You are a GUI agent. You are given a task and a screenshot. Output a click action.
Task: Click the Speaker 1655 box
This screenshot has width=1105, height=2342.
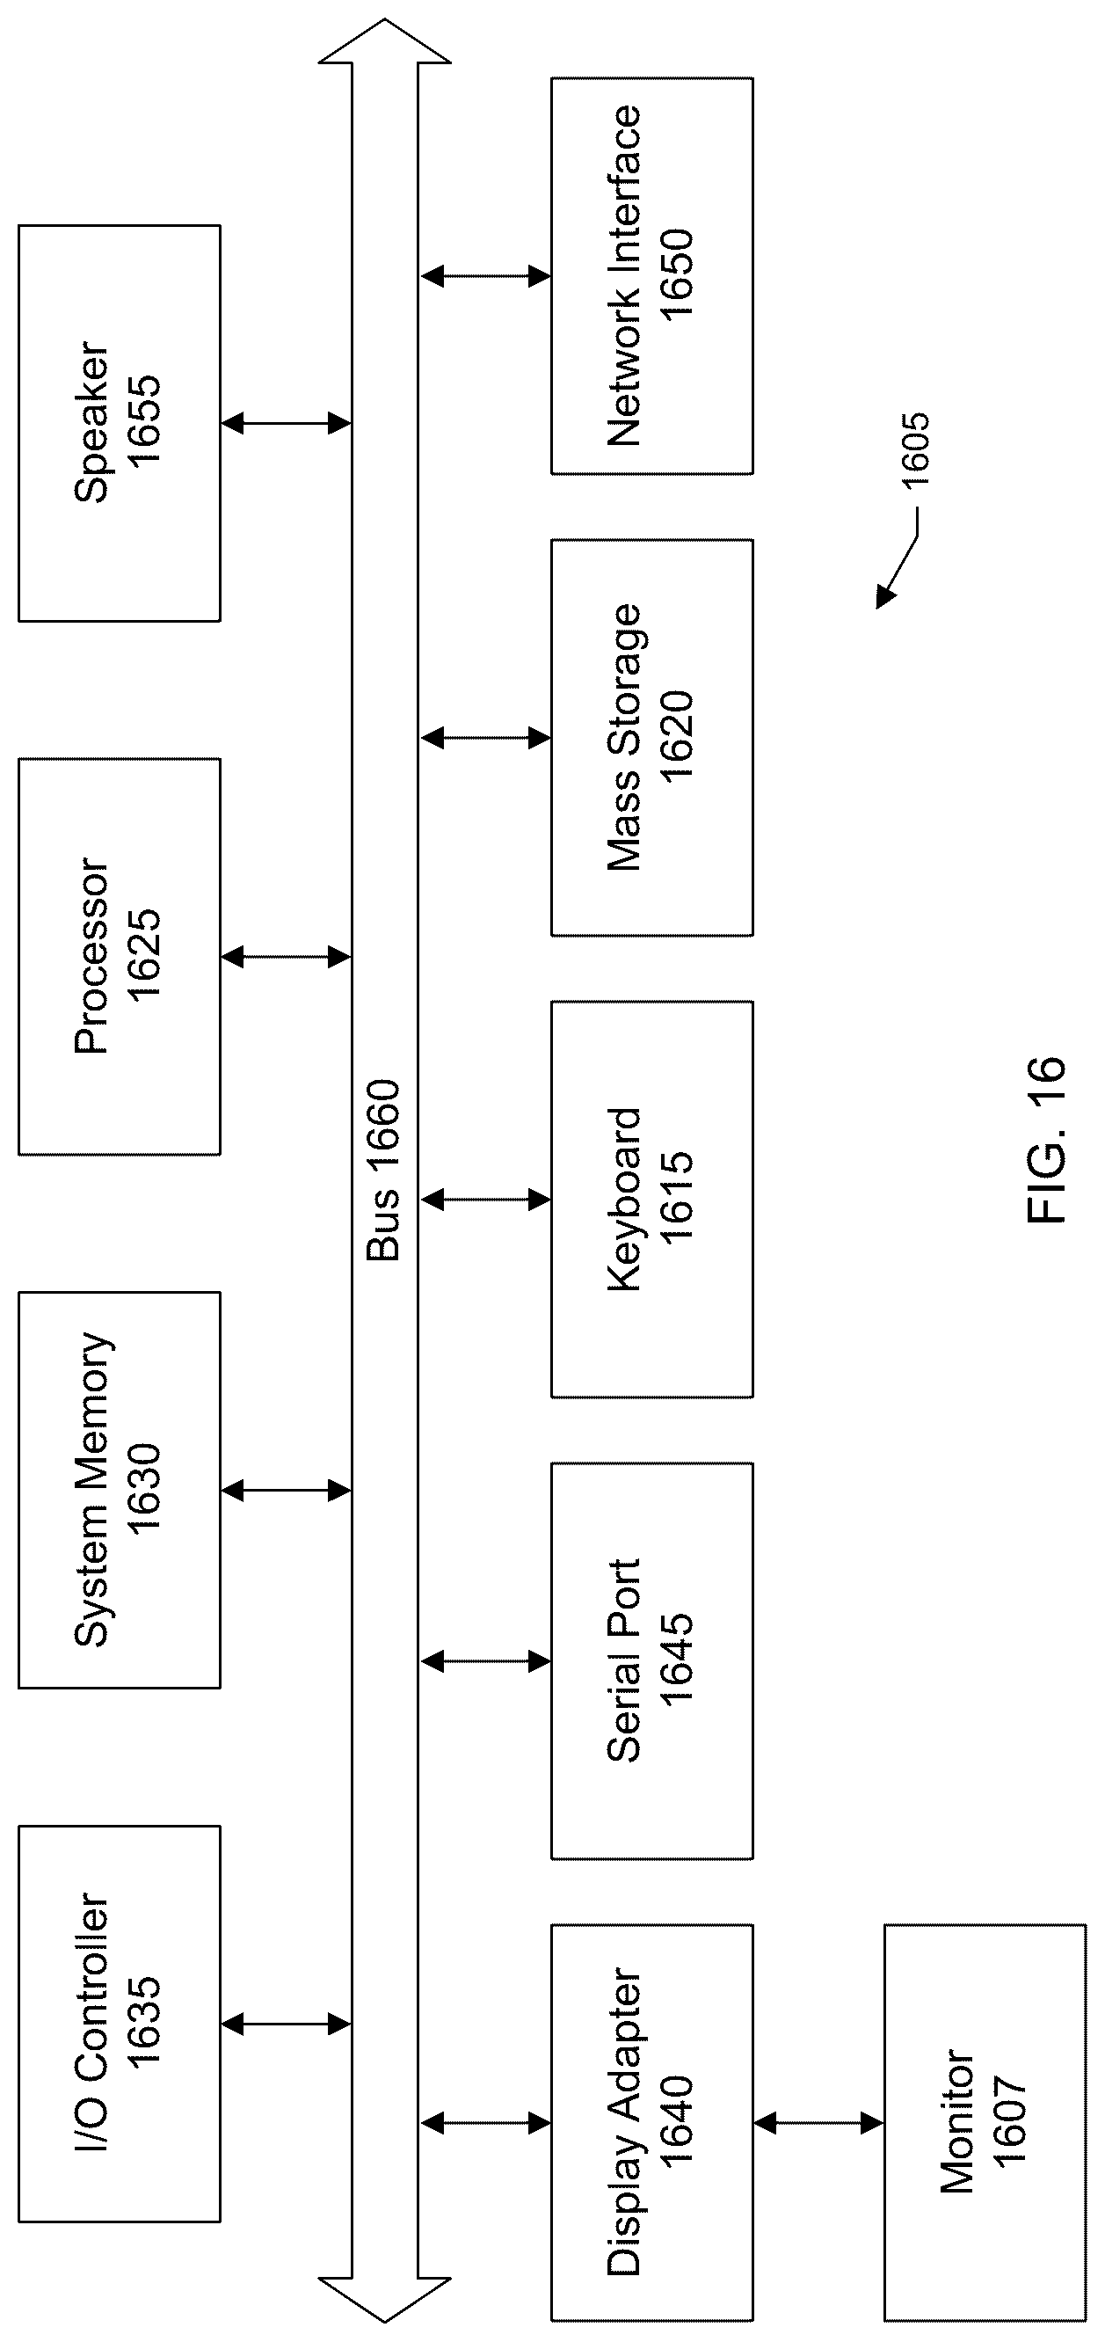point(119,423)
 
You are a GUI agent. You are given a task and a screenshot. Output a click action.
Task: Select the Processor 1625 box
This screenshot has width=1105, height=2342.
point(119,957)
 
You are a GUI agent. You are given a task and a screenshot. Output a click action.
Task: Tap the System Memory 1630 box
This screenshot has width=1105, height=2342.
point(119,1490)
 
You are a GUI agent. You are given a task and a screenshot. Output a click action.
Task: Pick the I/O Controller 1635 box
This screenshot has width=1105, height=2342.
point(119,2024)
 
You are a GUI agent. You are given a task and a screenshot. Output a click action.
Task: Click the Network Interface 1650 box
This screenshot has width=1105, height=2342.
point(651,275)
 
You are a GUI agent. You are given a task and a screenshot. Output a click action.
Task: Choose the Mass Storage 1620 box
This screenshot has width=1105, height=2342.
point(651,737)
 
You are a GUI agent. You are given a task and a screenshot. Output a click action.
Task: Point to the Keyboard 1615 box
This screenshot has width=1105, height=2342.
point(651,1200)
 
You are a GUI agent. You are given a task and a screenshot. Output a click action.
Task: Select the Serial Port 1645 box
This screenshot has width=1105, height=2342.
point(651,1661)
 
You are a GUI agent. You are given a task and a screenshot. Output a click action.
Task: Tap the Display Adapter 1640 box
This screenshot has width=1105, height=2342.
point(651,2123)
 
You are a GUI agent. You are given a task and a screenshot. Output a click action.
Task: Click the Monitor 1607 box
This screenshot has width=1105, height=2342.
point(985,2123)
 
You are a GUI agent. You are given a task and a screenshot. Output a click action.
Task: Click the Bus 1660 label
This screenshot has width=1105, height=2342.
point(382,1170)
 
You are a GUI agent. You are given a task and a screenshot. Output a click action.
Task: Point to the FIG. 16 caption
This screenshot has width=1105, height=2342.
point(1046,1140)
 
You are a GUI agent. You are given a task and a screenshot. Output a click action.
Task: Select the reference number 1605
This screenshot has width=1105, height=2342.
point(915,452)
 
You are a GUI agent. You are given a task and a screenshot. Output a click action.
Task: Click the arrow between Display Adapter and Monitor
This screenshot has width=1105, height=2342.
point(818,2124)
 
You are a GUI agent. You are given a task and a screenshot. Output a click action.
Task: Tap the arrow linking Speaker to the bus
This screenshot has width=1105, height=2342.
point(286,423)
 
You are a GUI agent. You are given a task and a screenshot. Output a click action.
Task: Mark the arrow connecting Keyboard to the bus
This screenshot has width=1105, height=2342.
point(485,1200)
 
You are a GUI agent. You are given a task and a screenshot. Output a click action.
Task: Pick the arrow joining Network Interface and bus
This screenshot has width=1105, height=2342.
point(485,275)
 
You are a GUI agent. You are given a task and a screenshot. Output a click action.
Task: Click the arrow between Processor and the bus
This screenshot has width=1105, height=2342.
point(286,957)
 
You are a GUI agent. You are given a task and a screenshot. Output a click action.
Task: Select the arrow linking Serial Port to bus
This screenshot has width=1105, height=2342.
point(485,1662)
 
